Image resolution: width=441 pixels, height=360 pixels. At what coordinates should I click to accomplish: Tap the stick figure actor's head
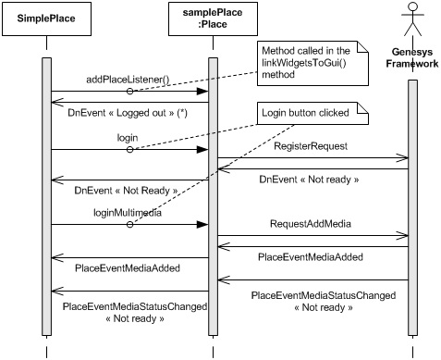(413, 14)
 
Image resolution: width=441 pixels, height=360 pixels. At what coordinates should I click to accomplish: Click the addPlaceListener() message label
(129, 80)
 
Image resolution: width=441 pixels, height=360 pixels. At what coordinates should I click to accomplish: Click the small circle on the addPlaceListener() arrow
(130, 92)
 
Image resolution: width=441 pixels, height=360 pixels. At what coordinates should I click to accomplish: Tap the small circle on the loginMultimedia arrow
(130, 224)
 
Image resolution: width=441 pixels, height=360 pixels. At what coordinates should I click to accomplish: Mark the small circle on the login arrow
(130, 148)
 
